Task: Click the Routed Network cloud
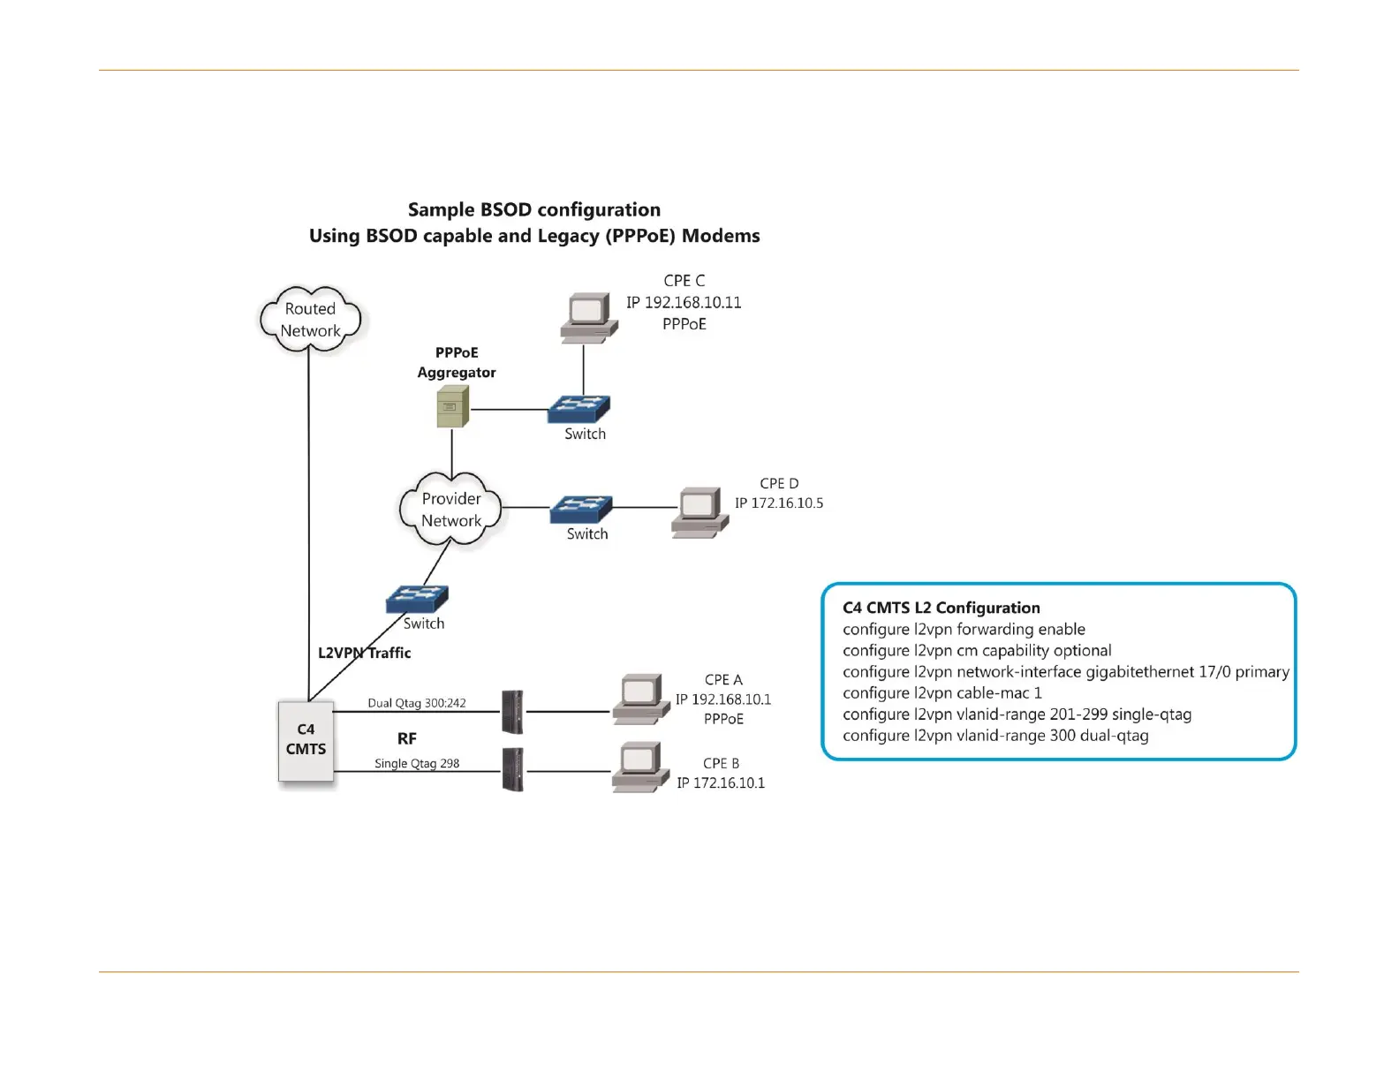click(x=310, y=319)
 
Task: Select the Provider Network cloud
click(x=450, y=509)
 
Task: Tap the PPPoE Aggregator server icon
click(x=452, y=406)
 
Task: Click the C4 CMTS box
click(x=306, y=740)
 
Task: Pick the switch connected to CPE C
click(x=579, y=409)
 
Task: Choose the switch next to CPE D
click(x=581, y=510)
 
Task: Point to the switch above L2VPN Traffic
click(x=417, y=599)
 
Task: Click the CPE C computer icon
click(x=588, y=317)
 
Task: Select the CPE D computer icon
click(x=699, y=512)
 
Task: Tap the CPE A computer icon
click(x=641, y=699)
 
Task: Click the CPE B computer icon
click(x=641, y=767)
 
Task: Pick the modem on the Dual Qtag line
click(x=512, y=712)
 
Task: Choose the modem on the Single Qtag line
click(x=512, y=769)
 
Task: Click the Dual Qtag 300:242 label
click(x=417, y=703)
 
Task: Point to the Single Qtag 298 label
click(x=417, y=764)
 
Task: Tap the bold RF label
click(x=407, y=738)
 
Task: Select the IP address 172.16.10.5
click(x=779, y=503)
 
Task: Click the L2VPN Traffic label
click(x=365, y=653)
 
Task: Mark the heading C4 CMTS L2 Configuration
click(x=941, y=608)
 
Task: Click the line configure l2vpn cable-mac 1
click(x=941, y=692)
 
